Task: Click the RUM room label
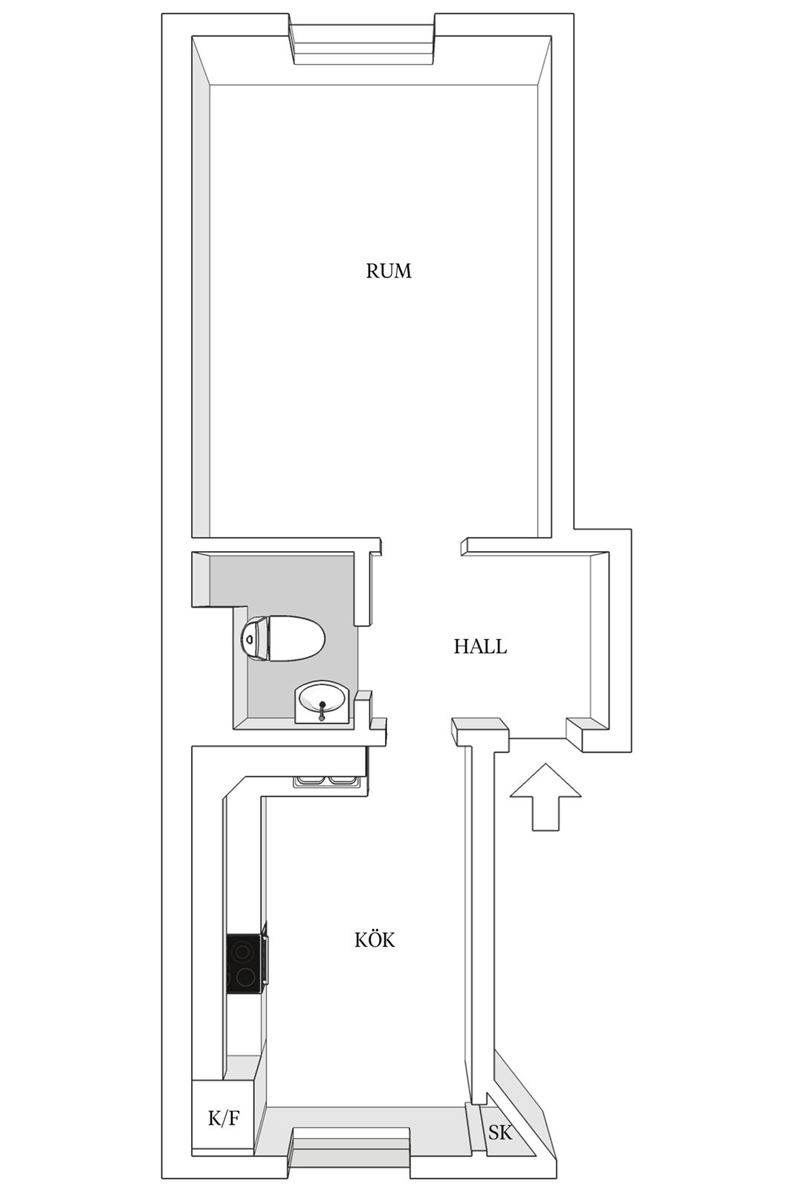389,271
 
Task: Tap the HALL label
480,646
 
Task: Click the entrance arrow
545,797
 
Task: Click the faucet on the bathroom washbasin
322,710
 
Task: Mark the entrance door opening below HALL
537,739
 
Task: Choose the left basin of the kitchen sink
311,780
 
